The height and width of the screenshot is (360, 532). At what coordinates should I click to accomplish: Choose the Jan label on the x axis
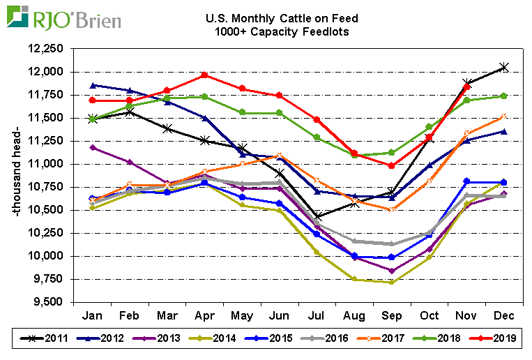coord(93,314)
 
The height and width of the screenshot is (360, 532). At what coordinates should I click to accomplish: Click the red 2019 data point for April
coord(204,75)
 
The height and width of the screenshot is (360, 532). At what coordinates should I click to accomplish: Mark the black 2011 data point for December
coord(504,67)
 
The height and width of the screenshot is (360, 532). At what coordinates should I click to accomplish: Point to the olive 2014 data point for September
coord(392,282)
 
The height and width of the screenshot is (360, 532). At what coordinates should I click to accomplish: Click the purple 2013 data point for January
coord(93,147)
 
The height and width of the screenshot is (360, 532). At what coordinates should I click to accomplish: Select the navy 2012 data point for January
coord(93,85)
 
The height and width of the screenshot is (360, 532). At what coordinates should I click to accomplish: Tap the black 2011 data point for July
coord(317,216)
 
